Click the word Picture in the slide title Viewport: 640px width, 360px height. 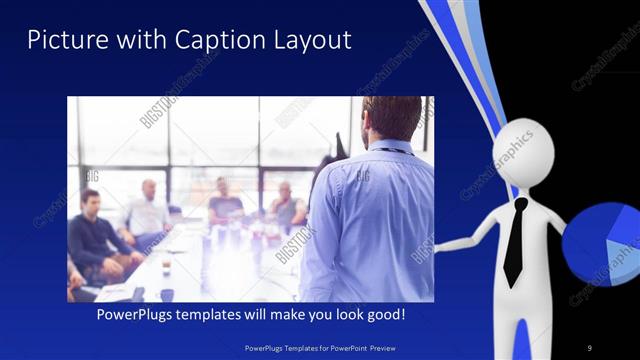coord(61,40)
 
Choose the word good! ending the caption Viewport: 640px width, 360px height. coord(380,314)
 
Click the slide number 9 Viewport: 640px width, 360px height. coord(590,347)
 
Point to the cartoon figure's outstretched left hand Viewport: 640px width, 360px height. coord(445,245)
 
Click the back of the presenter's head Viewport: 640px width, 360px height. coord(391,118)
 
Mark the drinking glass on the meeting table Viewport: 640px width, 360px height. coord(166,264)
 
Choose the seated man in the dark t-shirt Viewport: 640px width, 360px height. coord(224,205)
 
